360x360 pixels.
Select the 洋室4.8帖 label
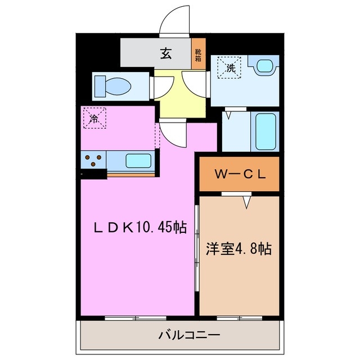239,248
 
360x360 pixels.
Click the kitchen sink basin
138,161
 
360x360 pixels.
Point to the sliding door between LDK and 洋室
196,247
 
